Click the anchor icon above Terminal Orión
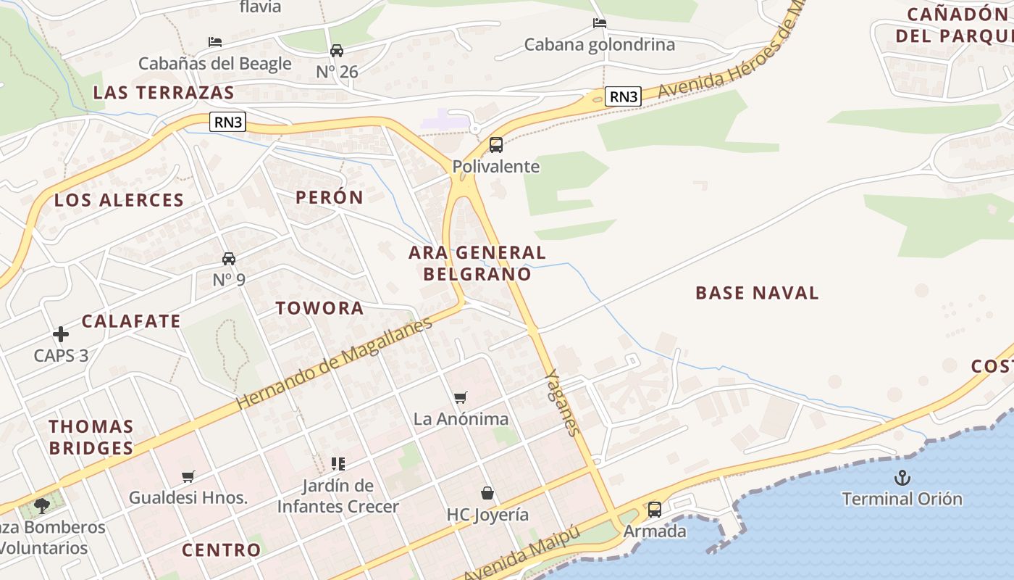(x=902, y=478)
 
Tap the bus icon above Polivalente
(x=496, y=145)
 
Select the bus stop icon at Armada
(x=655, y=510)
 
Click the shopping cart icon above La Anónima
(x=461, y=397)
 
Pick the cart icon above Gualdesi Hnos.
(x=188, y=476)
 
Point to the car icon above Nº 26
(x=337, y=51)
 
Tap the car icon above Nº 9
(x=229, y=259)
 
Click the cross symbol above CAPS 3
(x=61, y=334)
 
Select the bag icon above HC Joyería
(x=488, y=494)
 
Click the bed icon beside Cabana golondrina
(x=600, y=23)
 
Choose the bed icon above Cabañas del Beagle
(x=215, y=42)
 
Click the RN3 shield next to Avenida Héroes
(x=624, y=96)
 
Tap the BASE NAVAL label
(x=757, y=293)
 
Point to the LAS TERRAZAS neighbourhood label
(x=164, y=93)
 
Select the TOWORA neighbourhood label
(x=319, y=308)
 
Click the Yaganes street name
(x=563, y=402)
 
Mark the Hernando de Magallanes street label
(x=334, y=362)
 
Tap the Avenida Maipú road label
(x=522, y=555)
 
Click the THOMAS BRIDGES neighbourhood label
(x=91, y=437)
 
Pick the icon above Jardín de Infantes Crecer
(x=338, y=463)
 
